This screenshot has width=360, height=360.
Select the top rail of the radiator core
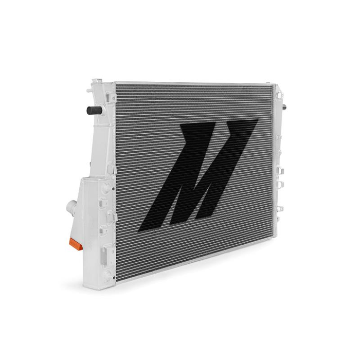coord(195,84)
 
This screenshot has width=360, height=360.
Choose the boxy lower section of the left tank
coord(95,226)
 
